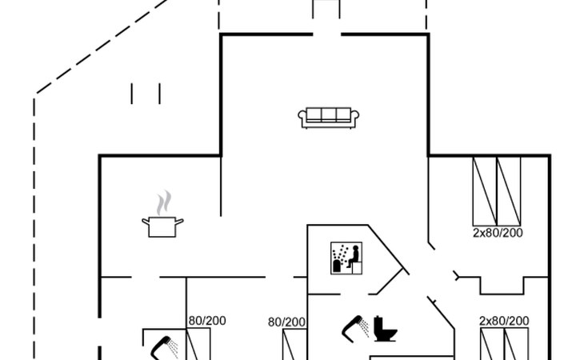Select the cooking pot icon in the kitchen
162,226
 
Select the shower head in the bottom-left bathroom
163,346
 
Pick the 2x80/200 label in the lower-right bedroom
504,321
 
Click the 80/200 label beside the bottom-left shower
207,321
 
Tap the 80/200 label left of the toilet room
286,322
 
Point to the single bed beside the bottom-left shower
199,346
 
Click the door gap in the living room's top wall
326,34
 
